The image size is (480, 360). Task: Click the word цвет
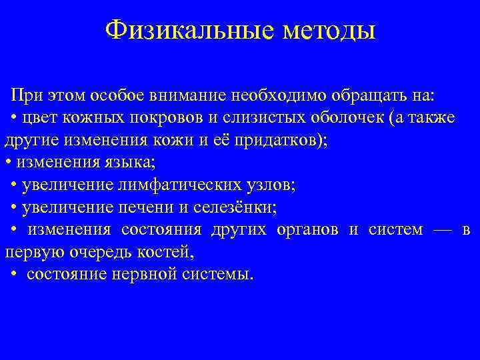pos(39,117)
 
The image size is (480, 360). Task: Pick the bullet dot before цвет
pos(14,118)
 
